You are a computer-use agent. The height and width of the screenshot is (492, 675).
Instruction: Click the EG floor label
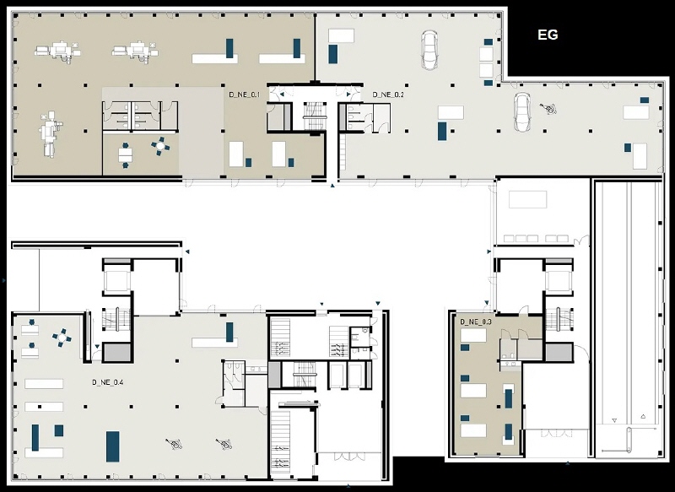click(x=548, y=35)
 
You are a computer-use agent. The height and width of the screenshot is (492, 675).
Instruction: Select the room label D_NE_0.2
click(x=388, y=95)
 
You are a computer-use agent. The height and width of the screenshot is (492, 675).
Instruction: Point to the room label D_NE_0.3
click(x=476, y=322)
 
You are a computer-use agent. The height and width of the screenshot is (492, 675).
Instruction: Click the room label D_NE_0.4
click(x=108, y=382)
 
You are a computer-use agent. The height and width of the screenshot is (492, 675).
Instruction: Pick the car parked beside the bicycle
click(x=522, y=111)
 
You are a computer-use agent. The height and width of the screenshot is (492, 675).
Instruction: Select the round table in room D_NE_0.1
click(x=160, y=146)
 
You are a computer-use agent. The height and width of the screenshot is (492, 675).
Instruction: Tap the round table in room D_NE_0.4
click(x=62, y=338)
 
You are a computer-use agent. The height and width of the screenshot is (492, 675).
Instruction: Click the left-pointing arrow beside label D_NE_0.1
click(x=282, y=94)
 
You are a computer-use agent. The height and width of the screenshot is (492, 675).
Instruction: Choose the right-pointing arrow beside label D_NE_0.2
click(x=348, y=94)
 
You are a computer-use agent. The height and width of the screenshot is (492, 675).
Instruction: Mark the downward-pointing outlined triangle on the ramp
click(x=614, y=420)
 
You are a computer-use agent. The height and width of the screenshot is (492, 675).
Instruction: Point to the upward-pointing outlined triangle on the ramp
click(x=643, y=416)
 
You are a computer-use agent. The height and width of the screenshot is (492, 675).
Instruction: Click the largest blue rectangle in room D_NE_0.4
click(x=113, y=446)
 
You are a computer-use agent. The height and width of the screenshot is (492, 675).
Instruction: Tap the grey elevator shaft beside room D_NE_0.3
click(x=559, y=353)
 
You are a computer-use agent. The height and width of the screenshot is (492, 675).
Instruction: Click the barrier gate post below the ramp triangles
click(x=628, y=441)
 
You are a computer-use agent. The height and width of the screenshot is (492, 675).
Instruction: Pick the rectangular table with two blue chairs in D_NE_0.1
click(x=125, y=154)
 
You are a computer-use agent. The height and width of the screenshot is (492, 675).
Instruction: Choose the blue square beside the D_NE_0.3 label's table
click(x=465, y=347)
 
